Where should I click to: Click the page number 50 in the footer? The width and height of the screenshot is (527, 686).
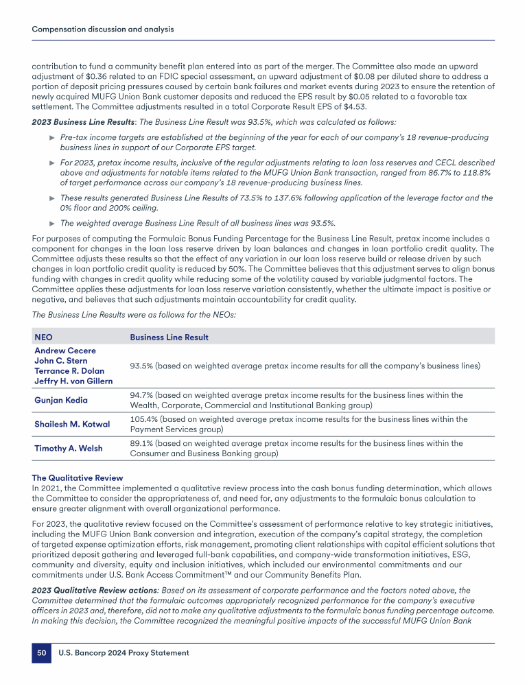click(x=41, y=653)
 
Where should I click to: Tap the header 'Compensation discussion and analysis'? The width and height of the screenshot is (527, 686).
click(x=103, y=29)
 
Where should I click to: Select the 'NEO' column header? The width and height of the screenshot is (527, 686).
click(x=43, y=338)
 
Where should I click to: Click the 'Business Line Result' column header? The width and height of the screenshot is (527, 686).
click(x=169, y=338)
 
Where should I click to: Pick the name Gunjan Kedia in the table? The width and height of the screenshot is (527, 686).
click(x=61, y=400)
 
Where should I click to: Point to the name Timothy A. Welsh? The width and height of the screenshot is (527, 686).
click(x=68, y=448)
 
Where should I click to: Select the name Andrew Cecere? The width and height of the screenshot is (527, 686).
click(x=65, y=350)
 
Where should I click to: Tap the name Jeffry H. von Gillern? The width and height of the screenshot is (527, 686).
click(x=73, y=381)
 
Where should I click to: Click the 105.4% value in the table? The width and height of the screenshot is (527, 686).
click(x=143, y=419)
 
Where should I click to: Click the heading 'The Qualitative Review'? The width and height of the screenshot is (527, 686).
click(x=78, y=477)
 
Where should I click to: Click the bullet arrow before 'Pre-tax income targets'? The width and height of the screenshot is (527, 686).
click(x=53, y=138)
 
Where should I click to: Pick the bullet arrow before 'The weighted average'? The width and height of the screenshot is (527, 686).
click(x=53, y=223)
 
